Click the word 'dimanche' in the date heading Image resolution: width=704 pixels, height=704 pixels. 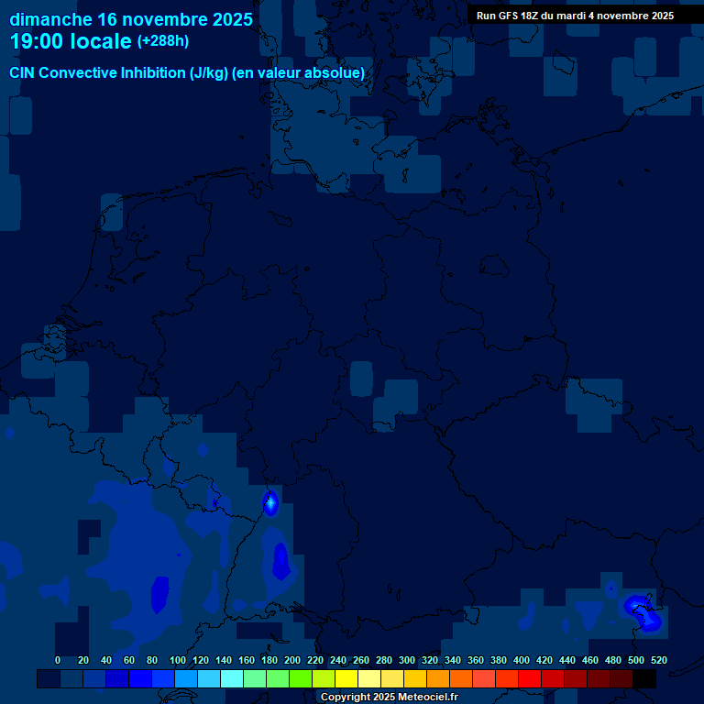(x=51, y=19)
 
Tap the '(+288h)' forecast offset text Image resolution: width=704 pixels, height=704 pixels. (x=163, y=41)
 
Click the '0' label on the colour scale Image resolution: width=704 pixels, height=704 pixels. (x=58, y=660)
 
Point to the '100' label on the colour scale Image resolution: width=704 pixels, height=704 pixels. (x=178, y=660)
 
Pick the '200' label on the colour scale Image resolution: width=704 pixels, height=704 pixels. (x=292, y=660)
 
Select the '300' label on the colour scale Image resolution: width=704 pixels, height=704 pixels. (x=407, y=660)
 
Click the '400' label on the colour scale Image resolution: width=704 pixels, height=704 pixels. (x=522, y=660)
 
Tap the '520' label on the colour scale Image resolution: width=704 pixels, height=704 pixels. (x=659, y=660)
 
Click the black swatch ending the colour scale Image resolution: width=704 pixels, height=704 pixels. (x=644, y=678)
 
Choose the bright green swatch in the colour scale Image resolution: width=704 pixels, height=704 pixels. (x=301, y=678)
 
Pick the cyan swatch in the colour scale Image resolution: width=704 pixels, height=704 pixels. (x=232, y=678)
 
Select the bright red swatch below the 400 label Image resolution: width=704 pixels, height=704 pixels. (x=530, y=678)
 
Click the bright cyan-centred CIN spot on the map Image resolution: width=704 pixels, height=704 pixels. (x=270, y=501)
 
